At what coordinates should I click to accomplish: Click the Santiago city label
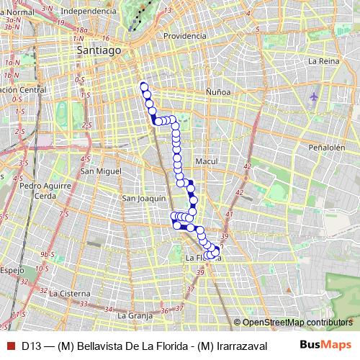99,51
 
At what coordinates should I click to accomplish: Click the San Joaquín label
144,198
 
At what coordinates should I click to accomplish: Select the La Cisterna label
70,294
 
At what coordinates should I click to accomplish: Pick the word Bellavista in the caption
101,345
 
